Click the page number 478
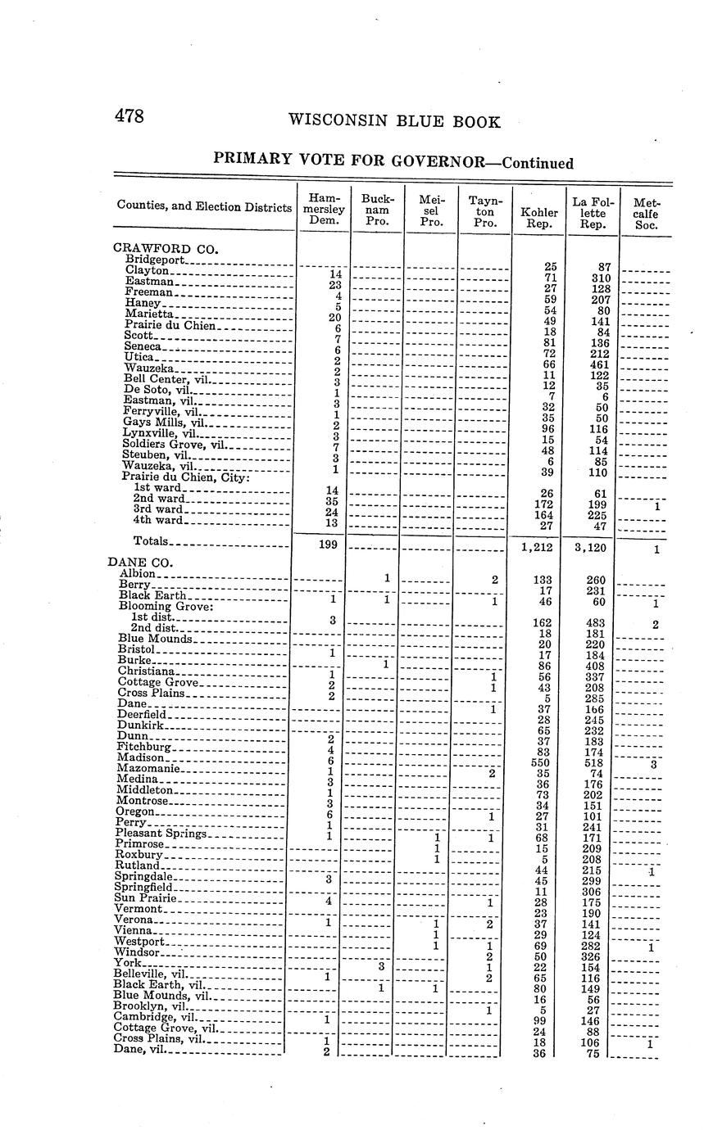pyautogui.click(x=129, y=116)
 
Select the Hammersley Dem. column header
pyautogui.click(x=323, y=209)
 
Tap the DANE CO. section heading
pyautogui.click(x=139, y=562)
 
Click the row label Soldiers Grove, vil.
pyautogui.click(x=172, y=444)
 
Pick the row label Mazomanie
pyautogui.click(x=148, y=769)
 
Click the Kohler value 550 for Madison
pyautogui.click(x=541, y=762)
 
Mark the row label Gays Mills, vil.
pyautogui.click(x=162, y=423)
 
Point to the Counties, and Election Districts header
pyautogui.click(x=204, y=207)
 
